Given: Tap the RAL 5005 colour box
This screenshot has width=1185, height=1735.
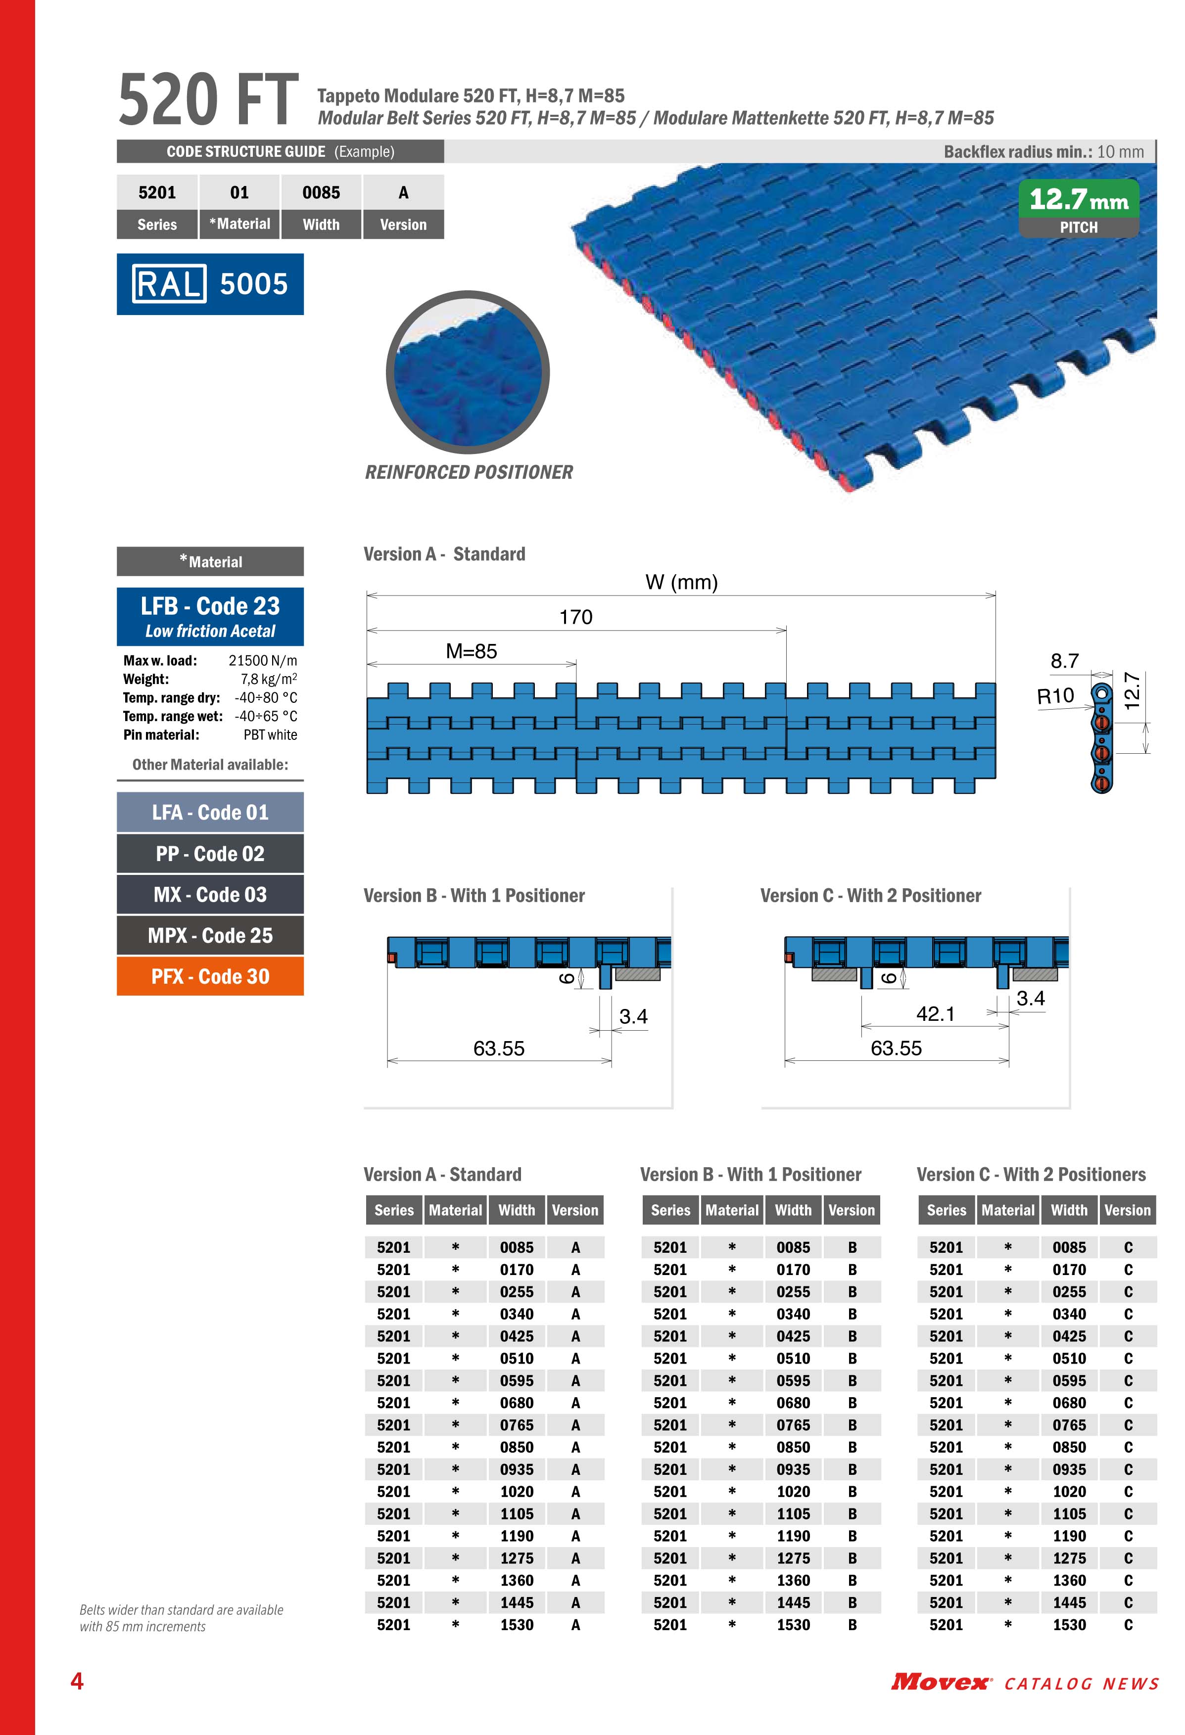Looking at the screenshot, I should coord(210,284).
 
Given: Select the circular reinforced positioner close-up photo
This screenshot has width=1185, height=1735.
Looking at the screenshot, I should coord(468,372).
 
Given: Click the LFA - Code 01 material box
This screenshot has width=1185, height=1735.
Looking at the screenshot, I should coord(210,812).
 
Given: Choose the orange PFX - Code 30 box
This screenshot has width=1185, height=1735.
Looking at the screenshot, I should coord(210,976).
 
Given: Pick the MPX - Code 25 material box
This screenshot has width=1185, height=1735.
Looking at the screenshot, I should coord(210,935).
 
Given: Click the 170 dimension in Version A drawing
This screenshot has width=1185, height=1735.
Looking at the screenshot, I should coord(576,617).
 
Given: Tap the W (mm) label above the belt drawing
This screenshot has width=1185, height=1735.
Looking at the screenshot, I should coord(681,582).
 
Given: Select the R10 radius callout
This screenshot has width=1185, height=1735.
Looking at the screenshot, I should coord(1055,696).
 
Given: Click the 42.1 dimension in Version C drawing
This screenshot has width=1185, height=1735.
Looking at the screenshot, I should coord(935,1014).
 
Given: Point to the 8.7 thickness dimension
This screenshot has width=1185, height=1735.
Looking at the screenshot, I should coord(1064,661).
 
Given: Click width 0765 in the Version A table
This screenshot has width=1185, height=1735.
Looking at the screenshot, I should coord(517,1425).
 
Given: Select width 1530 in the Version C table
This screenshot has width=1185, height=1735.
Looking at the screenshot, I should coord(1069,1625).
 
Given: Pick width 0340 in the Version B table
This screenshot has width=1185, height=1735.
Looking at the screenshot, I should coord(793,1314).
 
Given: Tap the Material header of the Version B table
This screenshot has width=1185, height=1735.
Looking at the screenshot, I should coord(732,1210).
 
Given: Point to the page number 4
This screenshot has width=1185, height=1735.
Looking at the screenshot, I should coord(77,1681).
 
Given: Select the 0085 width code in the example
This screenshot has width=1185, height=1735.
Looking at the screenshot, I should coord(321,192).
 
